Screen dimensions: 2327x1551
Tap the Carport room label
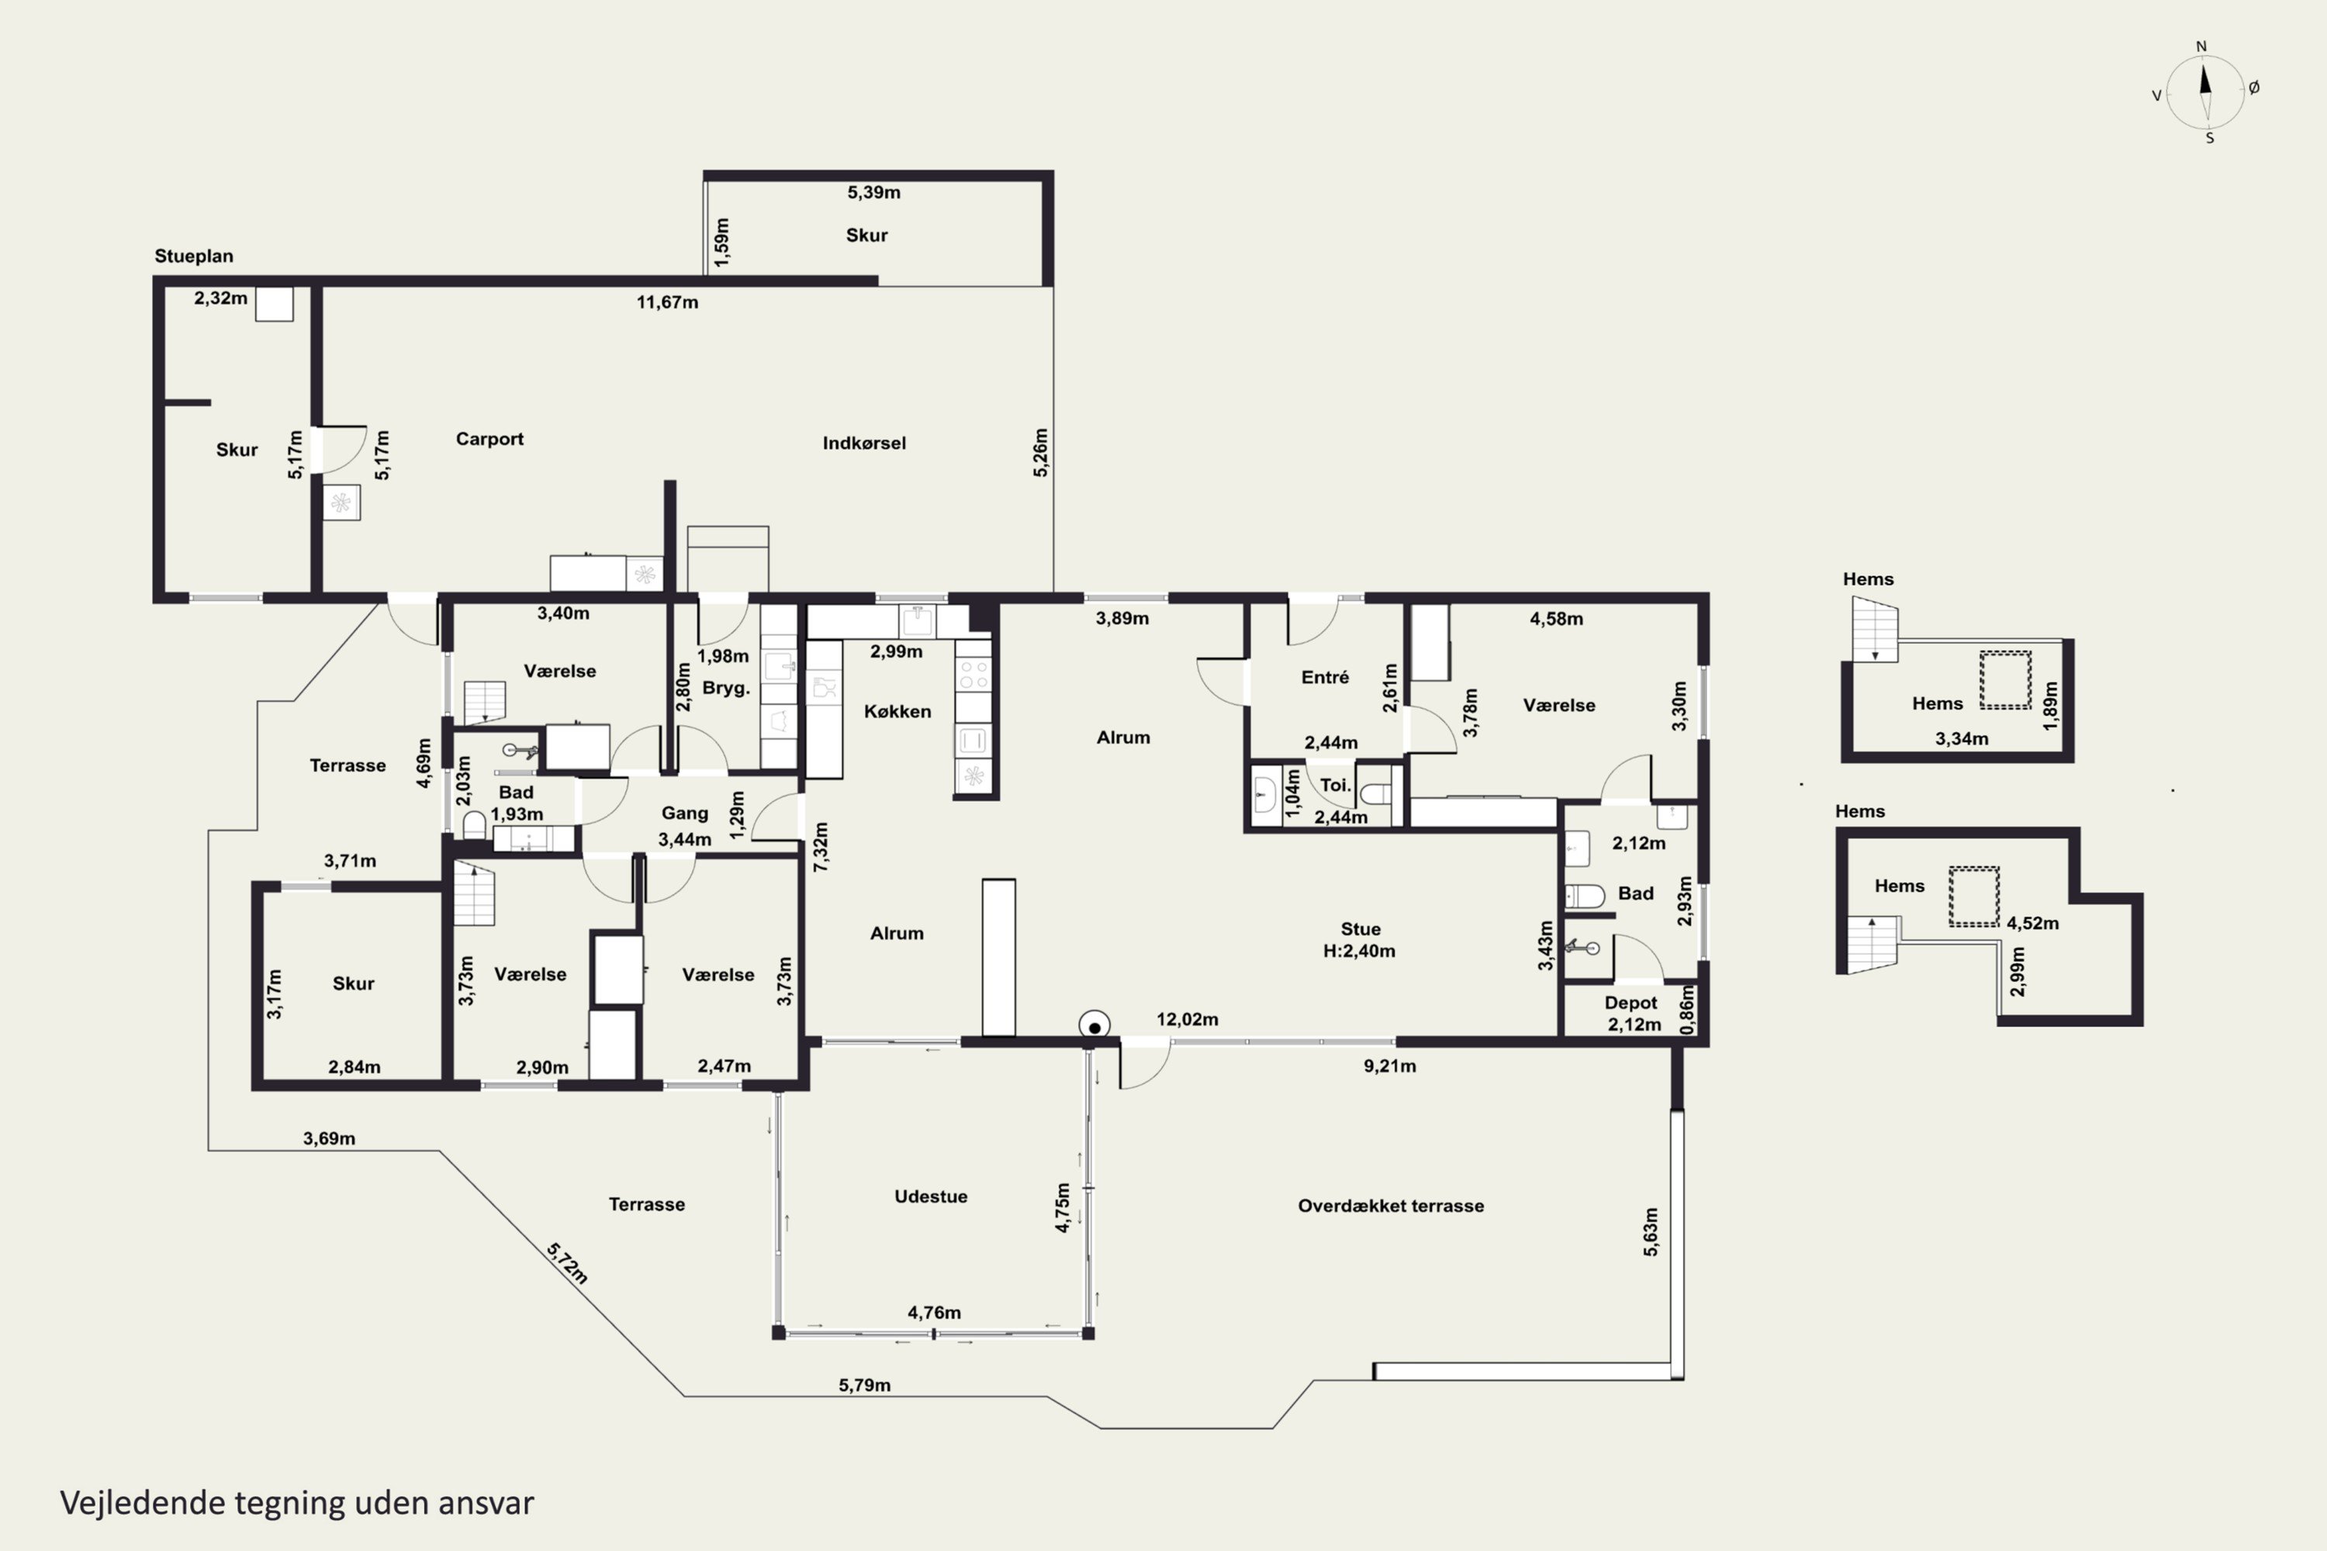[489, 439]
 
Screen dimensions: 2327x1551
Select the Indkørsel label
[864, 443]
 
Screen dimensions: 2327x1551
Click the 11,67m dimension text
[667, 302]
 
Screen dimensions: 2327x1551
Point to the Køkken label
[897, 711]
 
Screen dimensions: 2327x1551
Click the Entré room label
[1325, 678]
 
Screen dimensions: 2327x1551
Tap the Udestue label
[931, 1197]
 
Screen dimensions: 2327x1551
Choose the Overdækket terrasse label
[1391, 1206]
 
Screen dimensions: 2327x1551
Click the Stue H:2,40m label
[1360, 940]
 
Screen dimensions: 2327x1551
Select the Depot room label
[1630, 1003]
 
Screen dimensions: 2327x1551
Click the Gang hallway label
[685, 813]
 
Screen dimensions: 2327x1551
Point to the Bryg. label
[726, 689]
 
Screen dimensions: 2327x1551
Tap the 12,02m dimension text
[1188, 1020]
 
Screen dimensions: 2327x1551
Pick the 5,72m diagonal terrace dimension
[567, 1263]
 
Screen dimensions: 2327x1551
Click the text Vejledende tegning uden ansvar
[297, 1503]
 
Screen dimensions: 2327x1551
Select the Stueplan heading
[194, 256]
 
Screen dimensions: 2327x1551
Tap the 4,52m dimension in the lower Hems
[2032, 924]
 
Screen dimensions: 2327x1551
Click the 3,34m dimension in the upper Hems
[1962, 739]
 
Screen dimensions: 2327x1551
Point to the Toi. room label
[1336, 786]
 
